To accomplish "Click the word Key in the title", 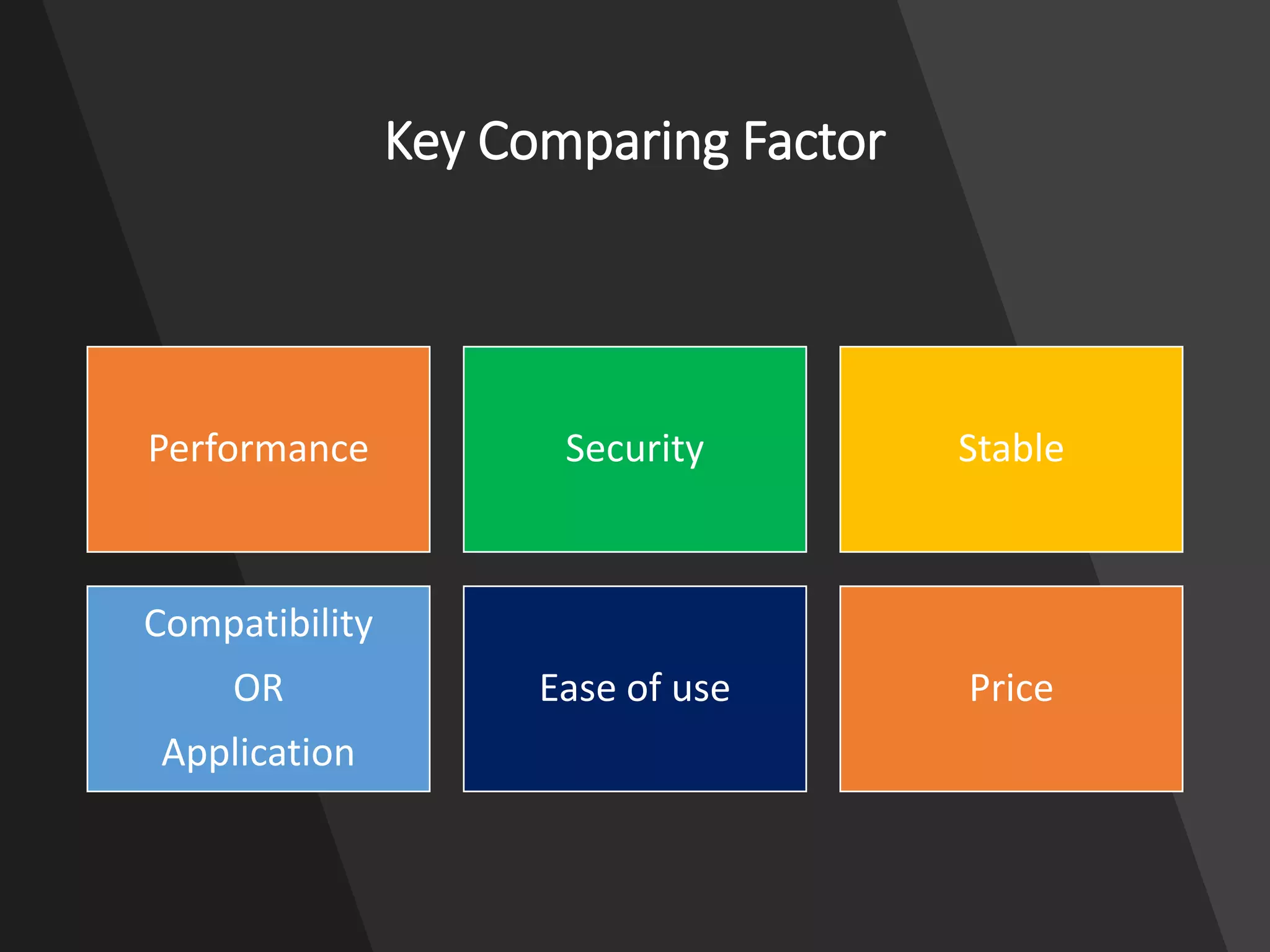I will tap(424, 143).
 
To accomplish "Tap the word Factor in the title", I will tap(814, 143).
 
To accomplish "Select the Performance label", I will tap(258, 449).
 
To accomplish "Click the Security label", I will tap(634, 449).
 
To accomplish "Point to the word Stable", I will tap(1011, 449).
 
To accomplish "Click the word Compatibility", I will tap(258, 624).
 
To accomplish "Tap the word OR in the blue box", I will tap(258, 688).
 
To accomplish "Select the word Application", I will tap(258, 752).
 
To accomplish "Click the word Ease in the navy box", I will tap(578, 688).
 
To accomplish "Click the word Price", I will tap(1011, 688).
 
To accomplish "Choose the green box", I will tap(634, 508).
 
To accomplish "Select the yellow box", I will tap(1011, 508).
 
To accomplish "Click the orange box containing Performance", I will tap(258, 508).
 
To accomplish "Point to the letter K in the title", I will tap(399, 141).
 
